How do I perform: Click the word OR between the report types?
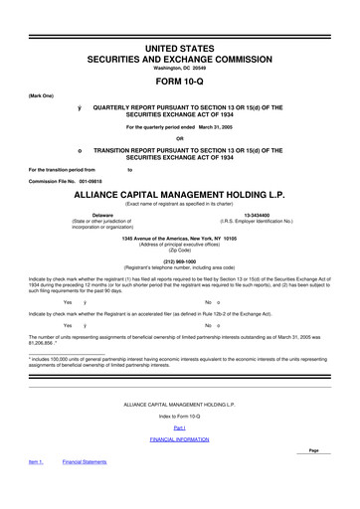[x=179, y=138]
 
